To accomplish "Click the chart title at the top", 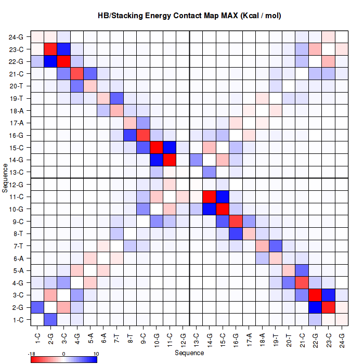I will pos(189,16).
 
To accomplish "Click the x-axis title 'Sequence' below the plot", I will pos(189,353).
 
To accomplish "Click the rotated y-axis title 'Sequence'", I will pos(5,178).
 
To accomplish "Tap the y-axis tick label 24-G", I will pos(16,37).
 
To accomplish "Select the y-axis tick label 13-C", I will pos(16,172).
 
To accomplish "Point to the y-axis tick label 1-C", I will pos(16,319).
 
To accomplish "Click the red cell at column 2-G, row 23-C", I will pos(50,49).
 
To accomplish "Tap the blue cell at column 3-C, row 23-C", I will pos(63,49).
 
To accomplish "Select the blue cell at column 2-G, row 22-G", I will pos(50,61).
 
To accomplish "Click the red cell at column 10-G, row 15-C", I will pos(157,147).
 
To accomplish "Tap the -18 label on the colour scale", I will pos(31,353).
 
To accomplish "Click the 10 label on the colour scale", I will pos(96,353).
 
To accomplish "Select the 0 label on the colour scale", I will pos(63,353).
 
